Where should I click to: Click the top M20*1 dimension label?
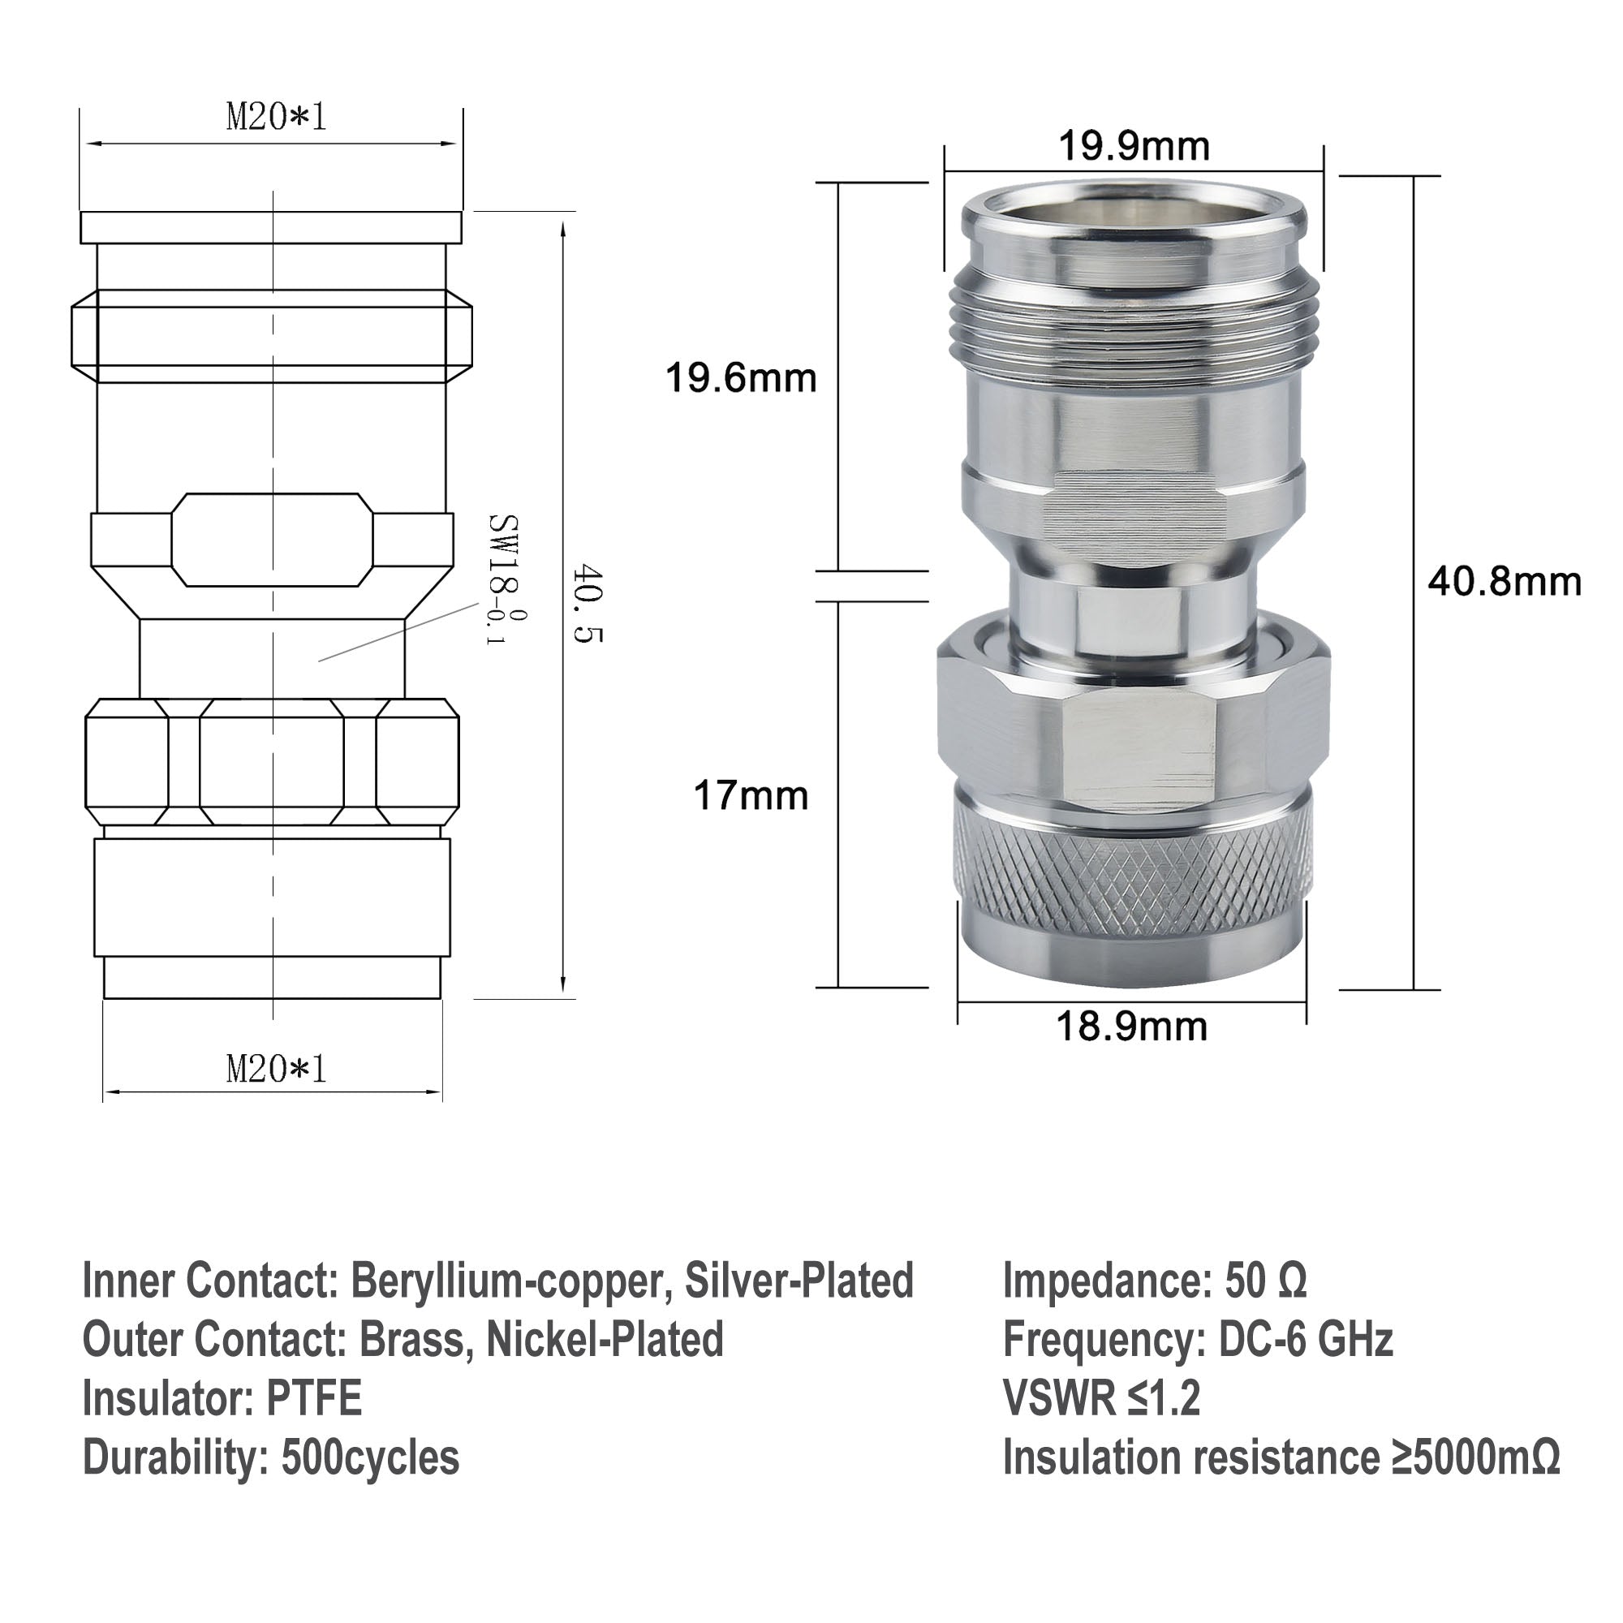coord(276,117)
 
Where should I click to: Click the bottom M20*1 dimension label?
coord(276,1070)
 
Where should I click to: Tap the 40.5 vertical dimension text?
coord(588,603)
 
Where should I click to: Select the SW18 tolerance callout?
coord(505,579)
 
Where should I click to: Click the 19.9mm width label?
coord(1133,147)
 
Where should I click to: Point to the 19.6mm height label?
coord(741,378)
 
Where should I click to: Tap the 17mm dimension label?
coord(750,794)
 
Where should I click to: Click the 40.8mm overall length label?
coord(1505,581)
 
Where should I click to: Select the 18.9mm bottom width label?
coord(1131,1027)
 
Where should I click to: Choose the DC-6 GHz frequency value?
coord(1306,1340)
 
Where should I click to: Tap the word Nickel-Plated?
coord(605,1340)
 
